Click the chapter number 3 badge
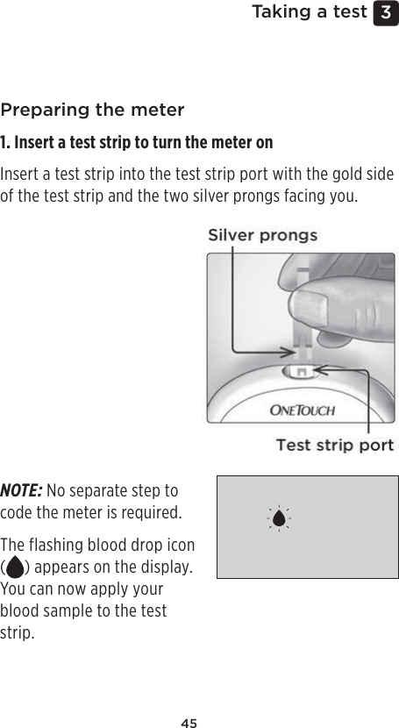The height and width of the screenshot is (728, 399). tap(386, 13)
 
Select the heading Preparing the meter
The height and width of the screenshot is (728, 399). tap(92, 111)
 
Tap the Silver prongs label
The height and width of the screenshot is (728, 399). tap(262, 235)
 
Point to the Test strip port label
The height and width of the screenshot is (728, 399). tap(334, 446)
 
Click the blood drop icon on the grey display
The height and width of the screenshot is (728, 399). tap(279, 518)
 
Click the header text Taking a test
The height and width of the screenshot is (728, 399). tap(309, 12)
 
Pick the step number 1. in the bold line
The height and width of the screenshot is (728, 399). tap(6, 143)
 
